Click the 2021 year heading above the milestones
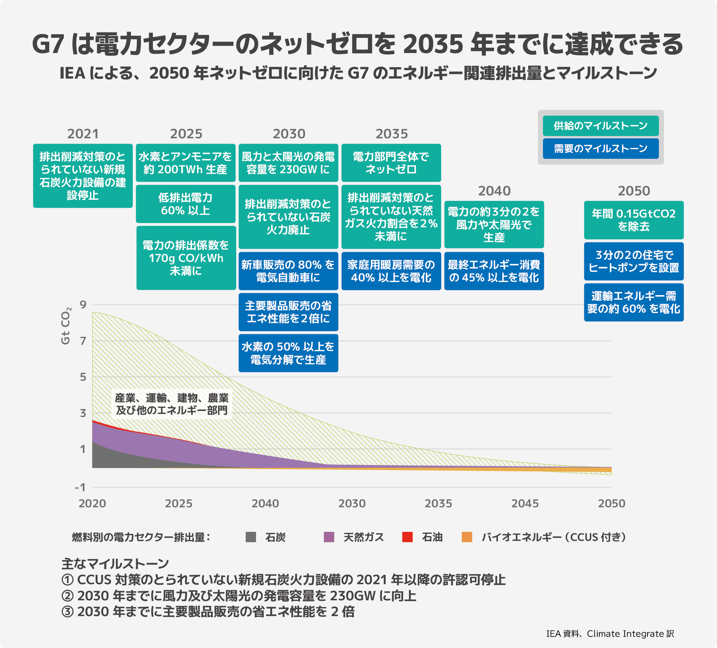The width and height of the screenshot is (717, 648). [x=83, y=134]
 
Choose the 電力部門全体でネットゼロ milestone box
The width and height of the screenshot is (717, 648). [x=391, y=163]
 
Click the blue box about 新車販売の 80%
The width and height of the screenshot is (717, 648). [x=288, y=271]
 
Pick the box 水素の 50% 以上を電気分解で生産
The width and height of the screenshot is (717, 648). [x=288, y=353]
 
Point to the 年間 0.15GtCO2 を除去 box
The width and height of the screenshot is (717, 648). [x=633, y=220]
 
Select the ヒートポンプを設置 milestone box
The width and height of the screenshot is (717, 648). [x=633, y=261]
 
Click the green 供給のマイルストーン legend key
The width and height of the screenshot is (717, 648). [x=600, y=126]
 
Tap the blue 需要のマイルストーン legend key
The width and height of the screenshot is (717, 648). [x=600, y=149]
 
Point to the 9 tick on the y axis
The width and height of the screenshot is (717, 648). [x=83, y=305]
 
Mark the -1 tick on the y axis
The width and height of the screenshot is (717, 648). [x=80, y=487]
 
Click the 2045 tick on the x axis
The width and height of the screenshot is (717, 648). [x=524, y=504]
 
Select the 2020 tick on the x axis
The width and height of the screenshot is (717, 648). [x=92, y=504]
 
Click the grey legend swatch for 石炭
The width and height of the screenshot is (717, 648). [x=251, y=537]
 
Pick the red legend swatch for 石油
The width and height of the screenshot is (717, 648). [x=407, y=537]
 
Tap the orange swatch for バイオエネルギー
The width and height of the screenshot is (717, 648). [x=467, y=537]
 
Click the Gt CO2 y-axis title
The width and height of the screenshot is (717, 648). [x=66, y=326]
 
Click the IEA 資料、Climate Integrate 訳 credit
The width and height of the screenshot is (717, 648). [x=610, y=634]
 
